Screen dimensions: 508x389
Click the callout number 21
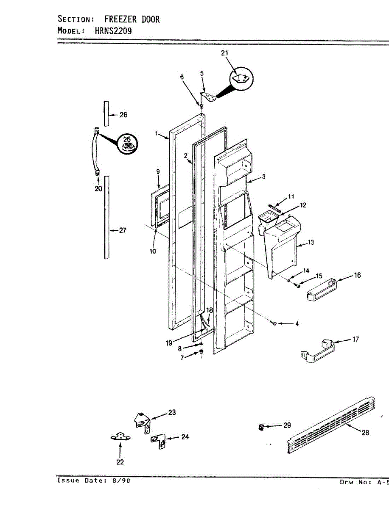click(224, 53)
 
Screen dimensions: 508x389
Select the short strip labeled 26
click(106, 113)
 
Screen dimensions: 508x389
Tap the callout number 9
click(158, 172)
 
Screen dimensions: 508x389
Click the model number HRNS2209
click(108, 30)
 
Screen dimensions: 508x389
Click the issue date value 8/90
click(121, 481)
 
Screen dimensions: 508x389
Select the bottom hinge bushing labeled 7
click(201, 352)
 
